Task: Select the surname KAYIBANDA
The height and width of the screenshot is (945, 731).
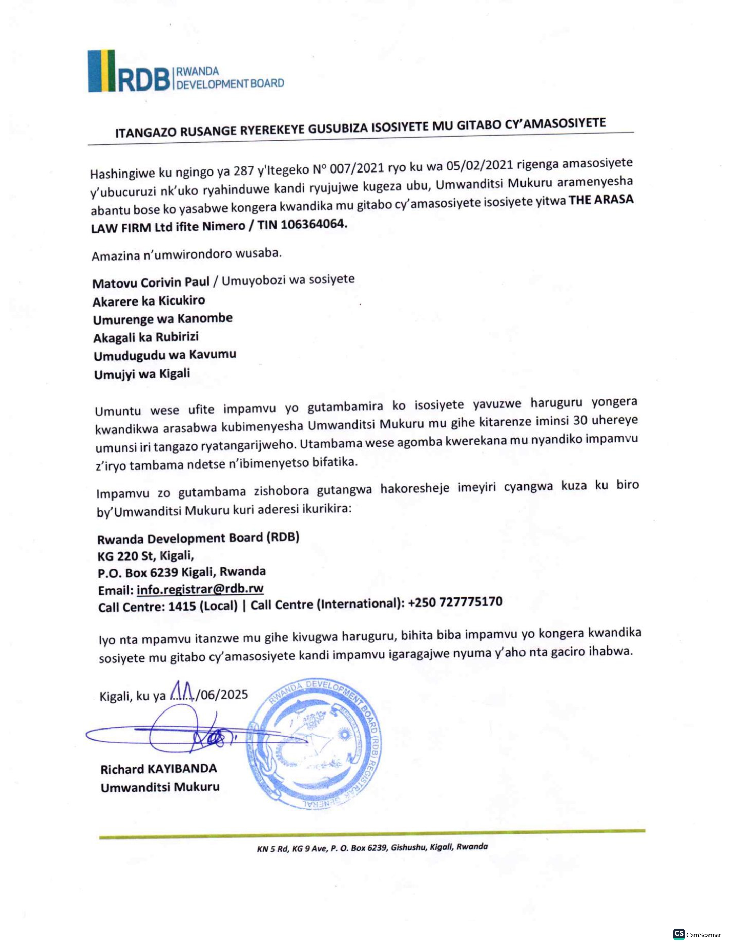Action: pyautogui.click(x=183, y=769)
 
